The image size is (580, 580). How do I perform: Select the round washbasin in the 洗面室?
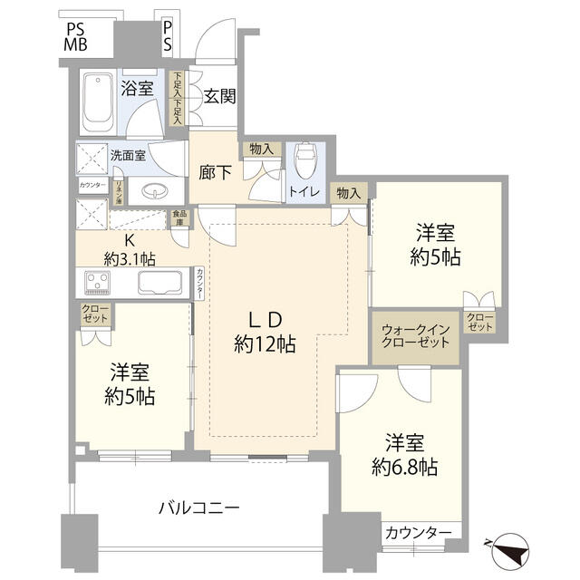tap(153, 192)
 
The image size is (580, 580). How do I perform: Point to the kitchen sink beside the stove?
tap(162, 283)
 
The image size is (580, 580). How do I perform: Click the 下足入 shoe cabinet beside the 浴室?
tap(178, 98)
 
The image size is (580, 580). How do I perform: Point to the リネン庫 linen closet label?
tap(118, 191)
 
